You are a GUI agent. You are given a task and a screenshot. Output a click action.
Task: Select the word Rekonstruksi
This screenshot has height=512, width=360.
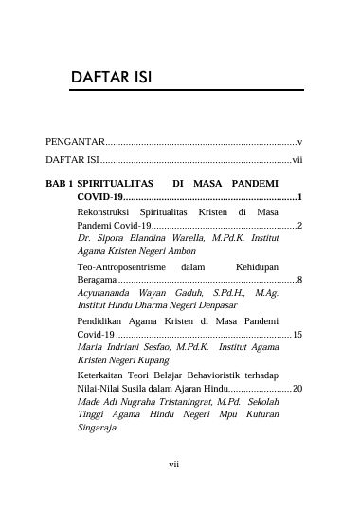(106, 213)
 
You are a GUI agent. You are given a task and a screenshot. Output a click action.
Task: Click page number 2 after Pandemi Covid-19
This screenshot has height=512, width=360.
(299, 227)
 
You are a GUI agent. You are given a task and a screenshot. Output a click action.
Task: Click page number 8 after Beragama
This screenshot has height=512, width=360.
(299, 281)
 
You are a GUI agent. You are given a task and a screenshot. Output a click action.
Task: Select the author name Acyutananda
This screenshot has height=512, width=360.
(110, 294)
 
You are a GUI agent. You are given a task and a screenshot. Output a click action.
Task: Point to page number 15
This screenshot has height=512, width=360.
(297, 336)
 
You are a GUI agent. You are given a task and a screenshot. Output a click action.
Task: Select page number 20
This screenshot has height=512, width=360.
(297, 389)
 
